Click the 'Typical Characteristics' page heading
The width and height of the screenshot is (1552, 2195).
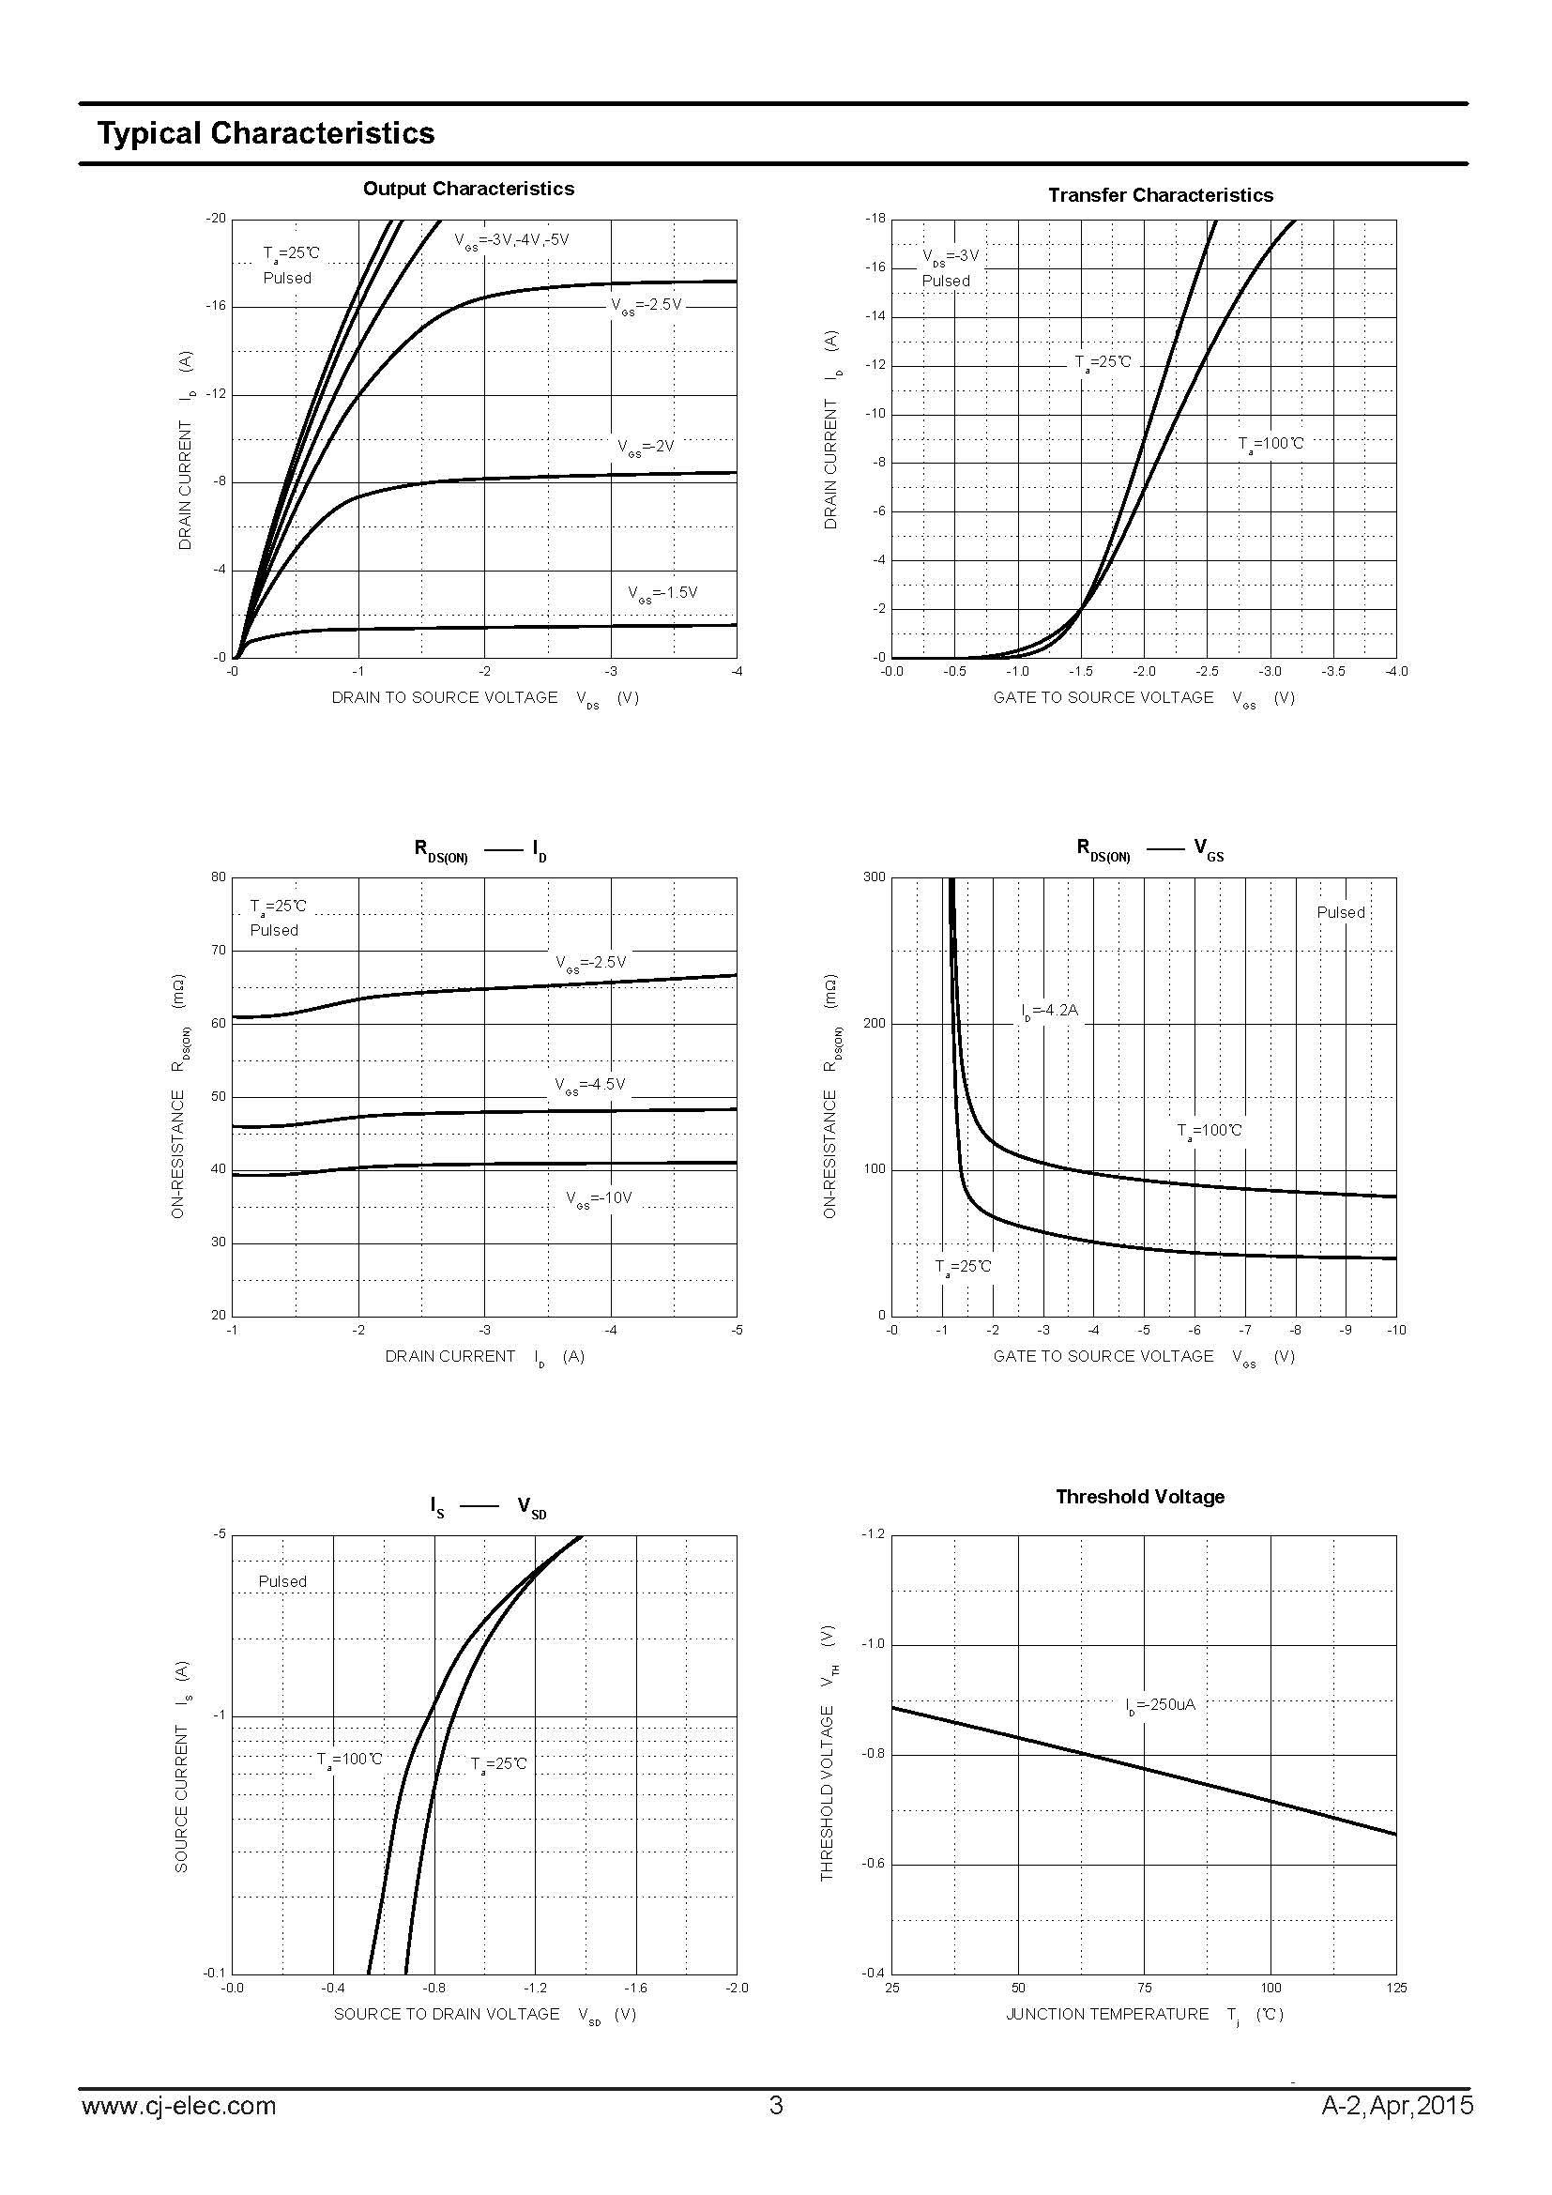coord(266,133)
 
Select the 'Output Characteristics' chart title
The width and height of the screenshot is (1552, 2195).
coord(468,189)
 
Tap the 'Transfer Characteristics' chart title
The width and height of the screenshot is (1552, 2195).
coord(1160,195)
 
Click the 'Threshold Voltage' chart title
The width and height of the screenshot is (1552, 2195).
coord(1139,1496)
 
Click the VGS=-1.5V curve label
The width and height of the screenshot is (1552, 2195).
coord(662,593)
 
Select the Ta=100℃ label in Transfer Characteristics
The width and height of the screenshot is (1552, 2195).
coord(1271,444)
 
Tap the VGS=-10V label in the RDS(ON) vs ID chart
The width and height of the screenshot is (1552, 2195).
coord(600,1197)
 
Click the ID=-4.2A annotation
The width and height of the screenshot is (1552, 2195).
coord(1049,1010)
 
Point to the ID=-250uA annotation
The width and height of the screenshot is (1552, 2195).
coord(1160,1703)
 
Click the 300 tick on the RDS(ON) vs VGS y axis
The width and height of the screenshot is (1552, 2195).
coord(874,876)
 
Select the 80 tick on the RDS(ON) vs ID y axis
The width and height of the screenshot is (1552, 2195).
coord(219,876)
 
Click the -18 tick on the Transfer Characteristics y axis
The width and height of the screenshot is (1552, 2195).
coord(875,219)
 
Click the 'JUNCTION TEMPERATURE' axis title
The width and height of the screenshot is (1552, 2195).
coord(1106,2014)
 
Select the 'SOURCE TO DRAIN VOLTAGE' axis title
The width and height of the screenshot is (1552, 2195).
coord(447,2014)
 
